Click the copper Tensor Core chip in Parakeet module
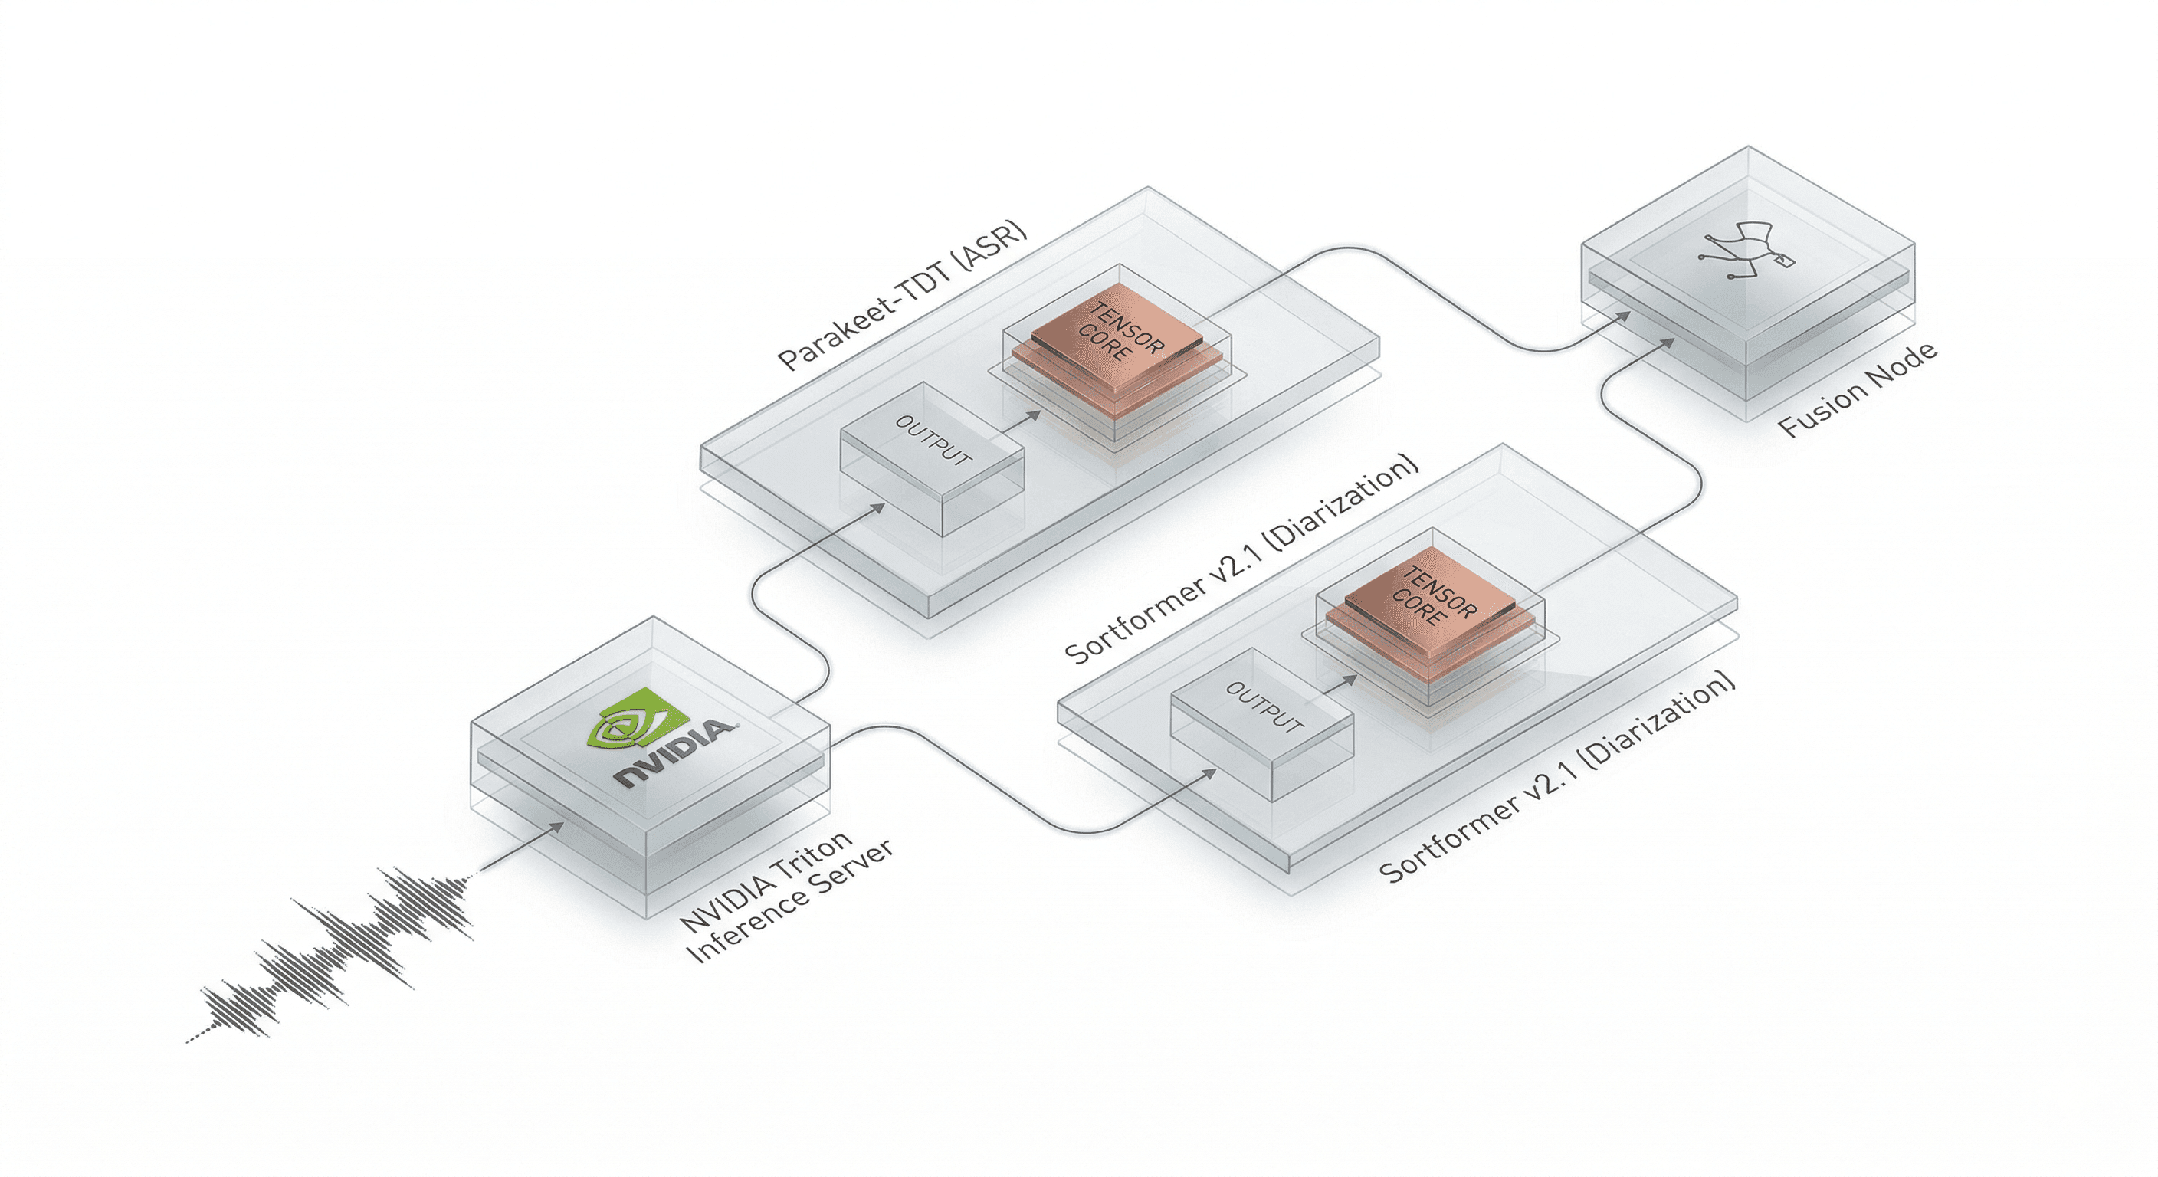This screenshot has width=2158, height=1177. (1118, 335)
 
